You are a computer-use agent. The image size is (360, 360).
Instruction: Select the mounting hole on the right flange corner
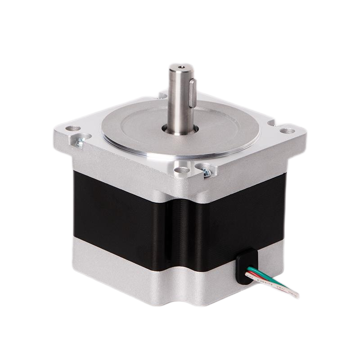click(x=288, y=131)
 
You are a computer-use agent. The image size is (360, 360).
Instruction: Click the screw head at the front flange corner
click(x=206, y=171)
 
